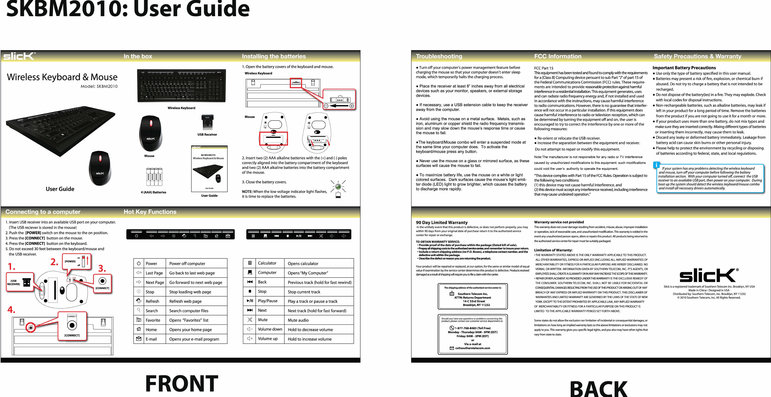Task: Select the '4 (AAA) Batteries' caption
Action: click(153, 192)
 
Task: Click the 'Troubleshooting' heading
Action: click(439, 56)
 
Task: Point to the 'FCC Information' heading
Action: click(558, 56)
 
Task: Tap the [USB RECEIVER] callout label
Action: click(14, 282)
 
